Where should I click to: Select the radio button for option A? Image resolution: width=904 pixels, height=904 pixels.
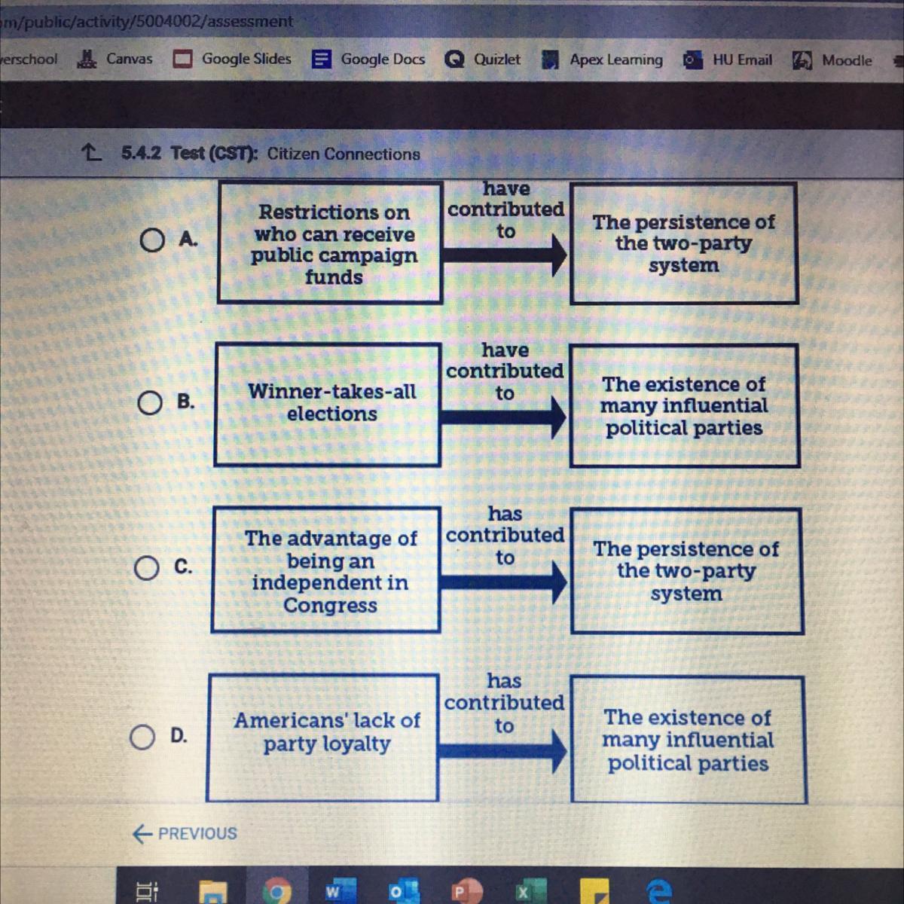151,240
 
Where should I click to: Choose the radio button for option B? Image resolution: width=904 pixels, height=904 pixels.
150,403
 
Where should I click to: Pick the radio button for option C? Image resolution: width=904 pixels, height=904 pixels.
148,569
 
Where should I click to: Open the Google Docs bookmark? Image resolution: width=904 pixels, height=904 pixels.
369,59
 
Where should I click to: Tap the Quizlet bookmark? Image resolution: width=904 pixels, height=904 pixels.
483,59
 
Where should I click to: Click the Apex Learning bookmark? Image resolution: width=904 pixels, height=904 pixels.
603,60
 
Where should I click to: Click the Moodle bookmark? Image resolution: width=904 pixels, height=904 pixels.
832,60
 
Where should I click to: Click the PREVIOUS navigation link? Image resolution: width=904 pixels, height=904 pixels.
185,833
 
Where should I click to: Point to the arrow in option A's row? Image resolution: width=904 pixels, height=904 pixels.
503,256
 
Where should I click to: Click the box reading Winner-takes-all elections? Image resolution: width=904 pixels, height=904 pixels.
328,405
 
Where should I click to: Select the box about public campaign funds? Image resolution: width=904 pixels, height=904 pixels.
330,243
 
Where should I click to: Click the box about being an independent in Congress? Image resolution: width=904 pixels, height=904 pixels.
326,570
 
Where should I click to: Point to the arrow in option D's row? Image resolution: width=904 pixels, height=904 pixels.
502,750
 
